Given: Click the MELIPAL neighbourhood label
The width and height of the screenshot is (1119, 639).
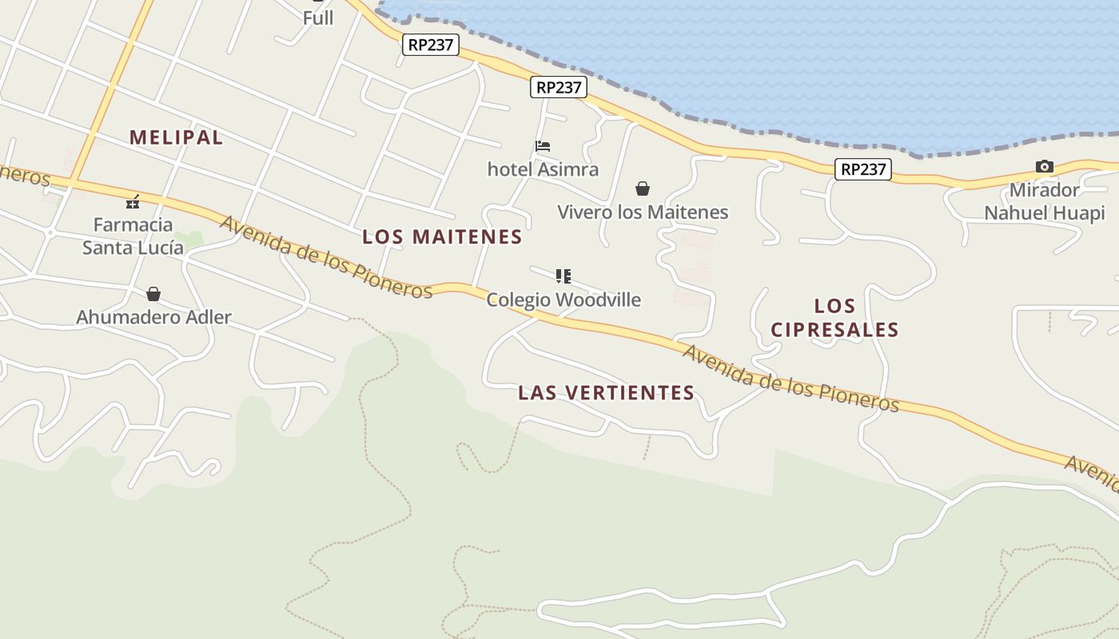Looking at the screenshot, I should click(x=176, y=137).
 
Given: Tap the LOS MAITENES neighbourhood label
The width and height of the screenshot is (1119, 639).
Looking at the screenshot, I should click(x=442, y=236).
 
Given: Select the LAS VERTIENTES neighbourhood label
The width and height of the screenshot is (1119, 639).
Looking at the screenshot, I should click(x=606, y=392).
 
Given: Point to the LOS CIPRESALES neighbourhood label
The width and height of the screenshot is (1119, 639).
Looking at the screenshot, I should click(x=834, y=317).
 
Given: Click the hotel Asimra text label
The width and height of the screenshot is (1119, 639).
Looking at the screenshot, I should click(x=543, y=169).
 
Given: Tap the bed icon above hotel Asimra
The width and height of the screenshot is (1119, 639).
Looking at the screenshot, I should click(x=543, y=146).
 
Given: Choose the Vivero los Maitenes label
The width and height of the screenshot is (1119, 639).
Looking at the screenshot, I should click(x=643, y=212).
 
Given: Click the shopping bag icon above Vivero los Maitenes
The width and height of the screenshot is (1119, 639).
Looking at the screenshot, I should click(x=643, y=189).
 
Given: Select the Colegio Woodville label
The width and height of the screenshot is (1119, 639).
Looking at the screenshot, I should click(x=563, y=300).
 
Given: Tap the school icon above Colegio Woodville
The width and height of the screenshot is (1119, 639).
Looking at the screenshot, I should click(x=563, y=276).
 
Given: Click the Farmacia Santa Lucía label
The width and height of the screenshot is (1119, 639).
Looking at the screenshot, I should click(x=133, y=236).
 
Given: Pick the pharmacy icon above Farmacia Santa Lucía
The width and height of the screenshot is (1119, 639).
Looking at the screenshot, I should click(x=133, y=202).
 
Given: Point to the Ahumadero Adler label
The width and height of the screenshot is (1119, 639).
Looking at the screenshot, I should click(x=153, y=317).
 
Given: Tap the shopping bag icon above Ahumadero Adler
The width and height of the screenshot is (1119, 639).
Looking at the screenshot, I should click(x=153, y=294).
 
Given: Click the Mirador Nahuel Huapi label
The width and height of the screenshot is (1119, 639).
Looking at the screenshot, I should click(x=1044, y=201).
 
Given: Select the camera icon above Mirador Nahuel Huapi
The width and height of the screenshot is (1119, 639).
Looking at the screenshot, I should click(x=1044, y=166).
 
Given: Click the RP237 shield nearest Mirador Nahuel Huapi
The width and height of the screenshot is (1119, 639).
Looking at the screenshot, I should click(x=863, y=169).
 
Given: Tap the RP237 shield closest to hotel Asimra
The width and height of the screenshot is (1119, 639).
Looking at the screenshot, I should click(x=559, y=87).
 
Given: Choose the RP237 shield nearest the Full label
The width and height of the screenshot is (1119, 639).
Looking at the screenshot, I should click(x=431, y=45).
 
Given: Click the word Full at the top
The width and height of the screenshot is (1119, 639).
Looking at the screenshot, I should click(x=318, y=18).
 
